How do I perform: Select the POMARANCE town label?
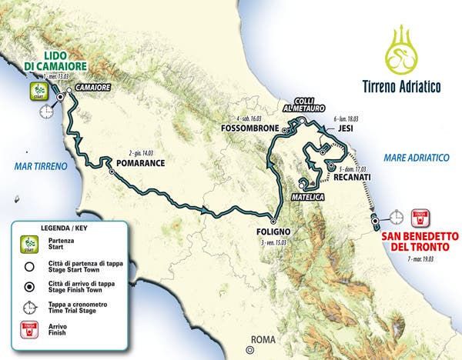click(x=143, y=165)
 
